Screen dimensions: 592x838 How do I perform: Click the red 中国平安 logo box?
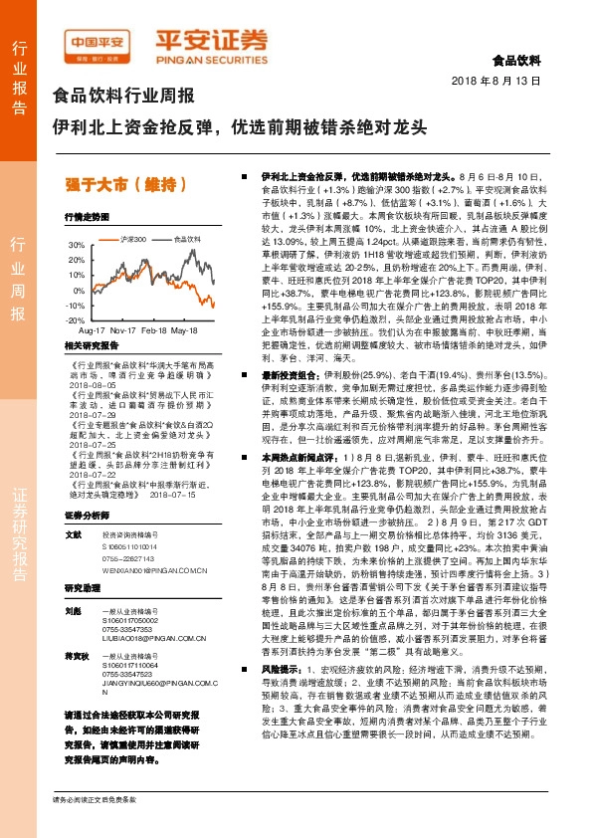coord(96,41)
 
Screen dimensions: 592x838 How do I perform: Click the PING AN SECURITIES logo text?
coord(210,59)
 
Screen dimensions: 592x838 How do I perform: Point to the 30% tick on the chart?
coord(75,244)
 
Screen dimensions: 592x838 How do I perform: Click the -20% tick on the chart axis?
coord(74,320)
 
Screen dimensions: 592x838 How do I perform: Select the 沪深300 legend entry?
coord(132,240)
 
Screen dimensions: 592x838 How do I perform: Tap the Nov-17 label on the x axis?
coord(124,328)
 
